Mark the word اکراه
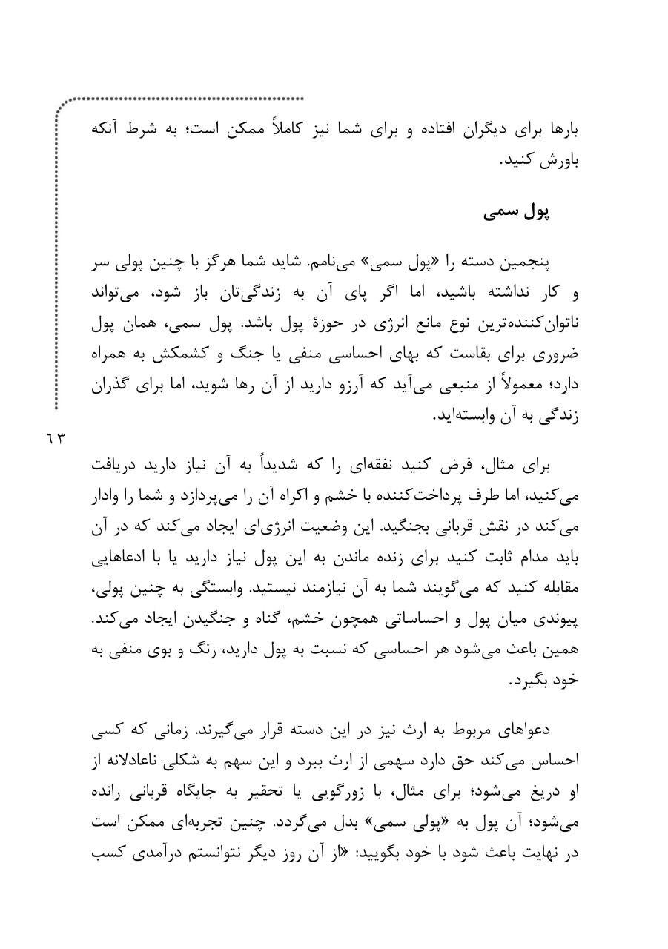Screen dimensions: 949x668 click(x=297, y=497)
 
